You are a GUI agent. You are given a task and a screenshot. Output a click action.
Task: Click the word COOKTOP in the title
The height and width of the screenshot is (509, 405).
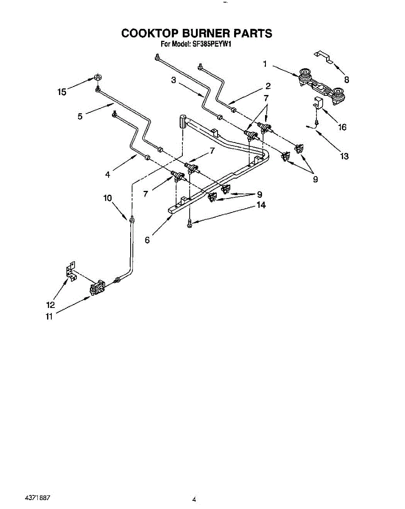tap(148, 33)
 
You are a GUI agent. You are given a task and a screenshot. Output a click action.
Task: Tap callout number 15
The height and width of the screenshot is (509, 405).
tap(62, 92)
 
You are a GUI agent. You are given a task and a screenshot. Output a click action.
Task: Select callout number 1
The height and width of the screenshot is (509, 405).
tap(265, 64)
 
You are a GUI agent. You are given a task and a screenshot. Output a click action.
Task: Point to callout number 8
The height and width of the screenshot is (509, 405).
tap(346, 79)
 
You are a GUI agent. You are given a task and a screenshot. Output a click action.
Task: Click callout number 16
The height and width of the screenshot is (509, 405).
tap(342, 127)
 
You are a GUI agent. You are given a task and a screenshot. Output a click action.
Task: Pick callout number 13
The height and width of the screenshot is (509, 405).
tap(344, 156)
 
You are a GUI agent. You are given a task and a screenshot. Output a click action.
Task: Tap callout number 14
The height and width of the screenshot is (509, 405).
tap(260, 205)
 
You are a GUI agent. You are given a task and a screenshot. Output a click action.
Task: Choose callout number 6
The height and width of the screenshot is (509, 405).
tap(147, 240)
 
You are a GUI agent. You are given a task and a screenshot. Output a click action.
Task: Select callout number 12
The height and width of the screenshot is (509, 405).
tap(50, 305)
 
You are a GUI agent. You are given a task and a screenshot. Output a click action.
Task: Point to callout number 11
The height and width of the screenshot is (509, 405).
tap(50, 316)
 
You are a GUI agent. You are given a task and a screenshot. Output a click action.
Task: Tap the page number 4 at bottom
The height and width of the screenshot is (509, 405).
tap(194, 500)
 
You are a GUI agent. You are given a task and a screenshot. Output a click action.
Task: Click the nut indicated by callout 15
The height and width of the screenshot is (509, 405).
tap(97, 78)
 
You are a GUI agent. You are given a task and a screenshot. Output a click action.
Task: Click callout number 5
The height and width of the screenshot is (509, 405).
tap(80, 116)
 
